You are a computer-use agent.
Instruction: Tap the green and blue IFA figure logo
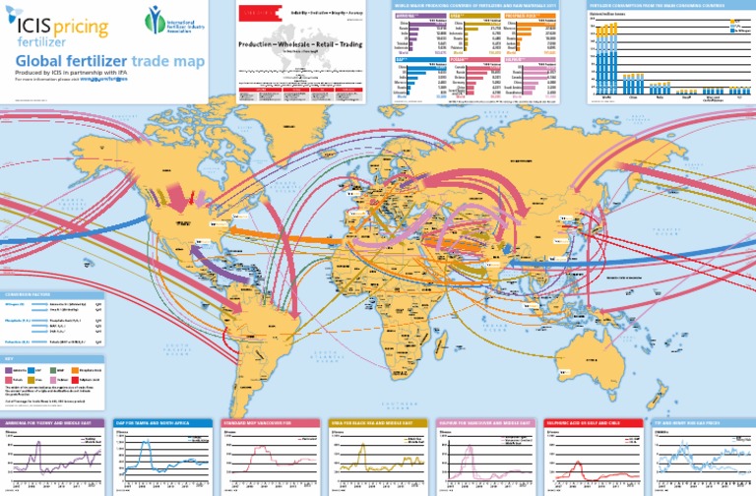156,18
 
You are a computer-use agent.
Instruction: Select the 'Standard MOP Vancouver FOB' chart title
263,421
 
